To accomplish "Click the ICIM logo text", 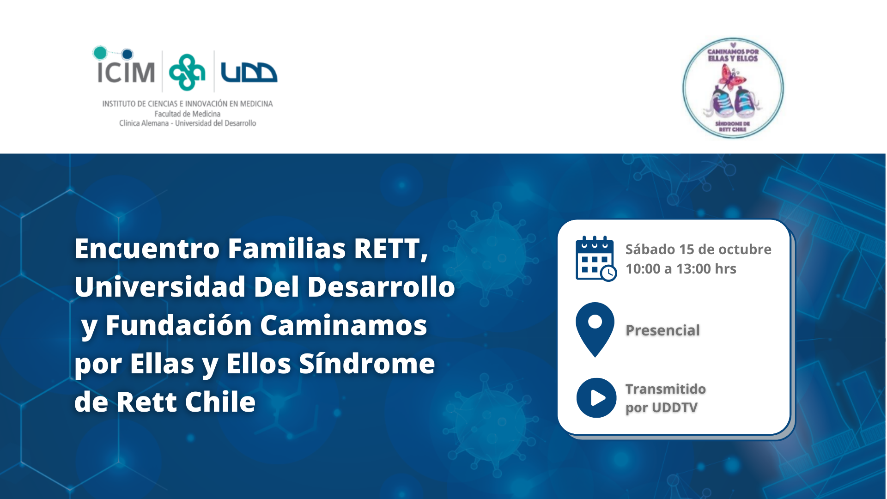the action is pyautogui.click(x=125, y=72).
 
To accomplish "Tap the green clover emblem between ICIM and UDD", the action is pyautogui.click(x=187, y=72).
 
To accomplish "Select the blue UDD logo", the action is pyautogui.click(x=249, y=72).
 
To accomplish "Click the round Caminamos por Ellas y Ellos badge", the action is pyautogui.click(x=733, y=88).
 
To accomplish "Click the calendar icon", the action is pyautogui.click(x=596, y=258).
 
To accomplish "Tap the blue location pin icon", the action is pyautogui.click(x=595, y=329).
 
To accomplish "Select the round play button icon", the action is pyautogui.click(x=596, y=398).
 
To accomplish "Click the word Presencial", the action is pyautogui.click(x=662, y=330).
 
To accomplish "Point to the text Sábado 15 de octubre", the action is pyautogui.click(x=698, y=249).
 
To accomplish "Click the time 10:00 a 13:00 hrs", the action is pyautogui.click(x=680, y=269).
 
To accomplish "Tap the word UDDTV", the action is pyautogui.click(x=675, y=408).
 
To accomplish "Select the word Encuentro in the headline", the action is pyautogui.click(x=147, y=249).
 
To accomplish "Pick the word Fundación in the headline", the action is pyautogui.click(x=178, y=325).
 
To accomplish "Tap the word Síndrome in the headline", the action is pyautogui.click(x=367, y=364).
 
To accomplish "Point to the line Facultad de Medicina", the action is pyautogui.click(x=187, y=114).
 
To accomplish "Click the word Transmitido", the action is pyautogui.click(x=665, y=389).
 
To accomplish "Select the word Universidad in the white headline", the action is pyautogui.click(x=160, y=287).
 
